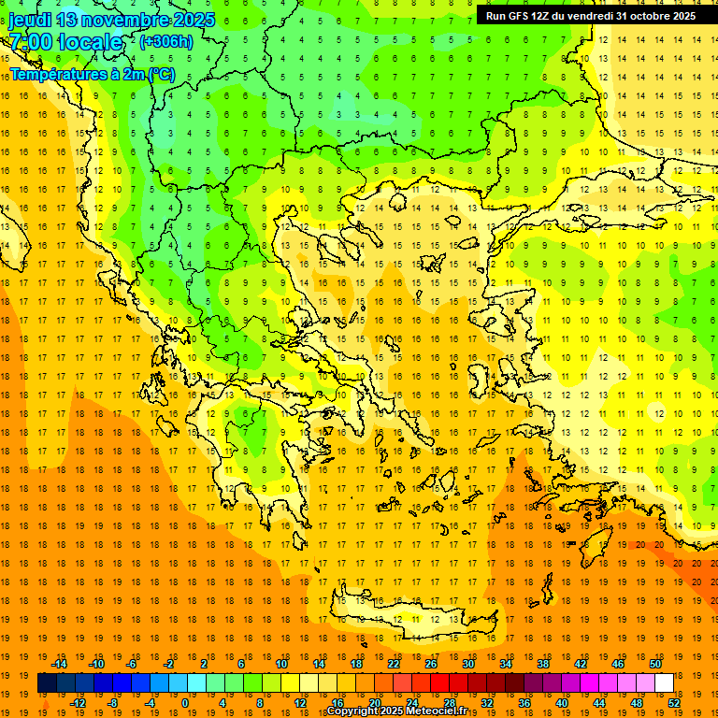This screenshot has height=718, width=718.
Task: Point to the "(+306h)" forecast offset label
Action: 166,42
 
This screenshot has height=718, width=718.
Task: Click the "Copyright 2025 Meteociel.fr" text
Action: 396,711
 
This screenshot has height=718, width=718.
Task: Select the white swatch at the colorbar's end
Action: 664,683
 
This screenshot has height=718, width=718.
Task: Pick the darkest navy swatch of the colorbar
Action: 47,683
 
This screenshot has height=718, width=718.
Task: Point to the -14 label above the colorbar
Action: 59,664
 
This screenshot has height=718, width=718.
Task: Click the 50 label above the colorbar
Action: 655,664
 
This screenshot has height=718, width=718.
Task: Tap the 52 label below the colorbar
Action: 674,702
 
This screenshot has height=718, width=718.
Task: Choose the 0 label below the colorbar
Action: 185,702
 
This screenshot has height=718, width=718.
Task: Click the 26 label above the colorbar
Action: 431,664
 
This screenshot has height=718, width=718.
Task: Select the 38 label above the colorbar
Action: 543,664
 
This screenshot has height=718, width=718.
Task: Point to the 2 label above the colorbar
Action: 204,664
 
